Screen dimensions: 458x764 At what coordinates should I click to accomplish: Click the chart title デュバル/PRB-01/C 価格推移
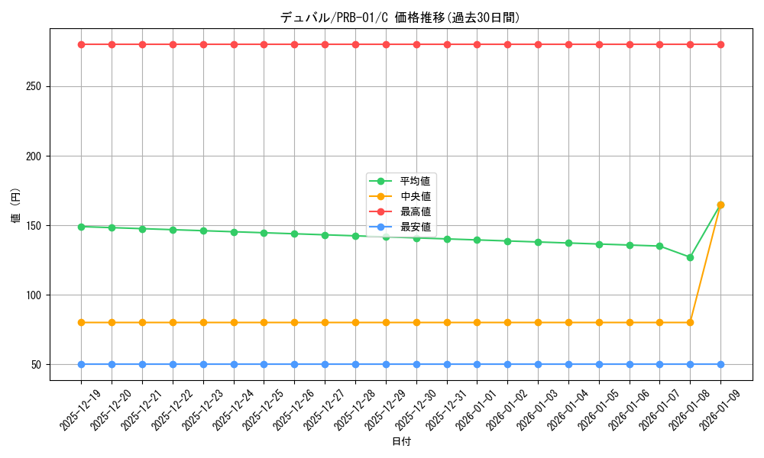400,18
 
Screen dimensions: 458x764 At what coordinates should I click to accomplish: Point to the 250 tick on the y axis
33,86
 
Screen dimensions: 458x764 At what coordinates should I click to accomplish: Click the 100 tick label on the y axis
33,295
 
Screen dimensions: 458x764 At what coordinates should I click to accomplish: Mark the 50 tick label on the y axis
35,364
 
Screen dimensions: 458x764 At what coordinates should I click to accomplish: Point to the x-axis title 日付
400,442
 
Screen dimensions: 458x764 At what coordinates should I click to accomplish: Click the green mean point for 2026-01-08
690,257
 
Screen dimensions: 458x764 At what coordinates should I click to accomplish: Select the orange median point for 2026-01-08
690,322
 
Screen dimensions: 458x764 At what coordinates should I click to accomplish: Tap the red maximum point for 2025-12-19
81,44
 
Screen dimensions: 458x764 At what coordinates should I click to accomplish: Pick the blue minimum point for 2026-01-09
720,364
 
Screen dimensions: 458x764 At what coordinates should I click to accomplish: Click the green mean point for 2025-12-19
81,227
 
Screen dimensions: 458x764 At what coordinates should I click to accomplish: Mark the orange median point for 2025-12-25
264,322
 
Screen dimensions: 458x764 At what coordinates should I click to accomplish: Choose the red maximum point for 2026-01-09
720,44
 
